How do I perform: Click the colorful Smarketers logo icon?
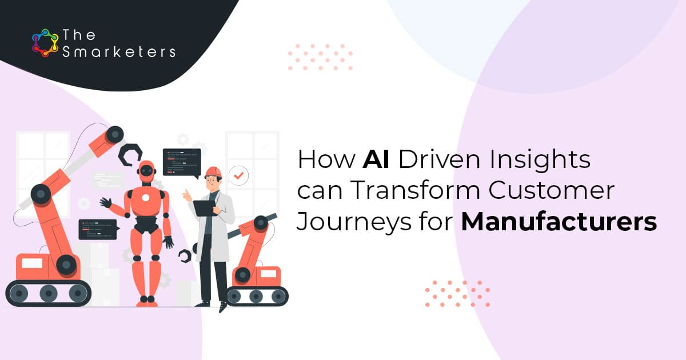click(x=45, y=43)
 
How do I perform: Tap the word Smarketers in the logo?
click(x=119, y=52)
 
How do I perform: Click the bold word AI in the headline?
click(x=376, y=159)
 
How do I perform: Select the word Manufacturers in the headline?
click(x=559, y=222)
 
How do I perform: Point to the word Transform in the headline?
click(x=415, y=190)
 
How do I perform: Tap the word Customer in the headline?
click(x=552, y=190)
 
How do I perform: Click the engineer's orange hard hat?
click(x=213, y=172)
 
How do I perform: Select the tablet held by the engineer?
click(x=204, y=208)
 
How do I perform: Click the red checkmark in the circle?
click(x=238, y=176)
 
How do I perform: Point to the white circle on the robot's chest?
click(x=146, y=198)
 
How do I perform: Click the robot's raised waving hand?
click(x=106, y=202)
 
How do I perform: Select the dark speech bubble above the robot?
click(x=182, y=163)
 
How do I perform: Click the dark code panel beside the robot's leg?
click(x=98, y=229)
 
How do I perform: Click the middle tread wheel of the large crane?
click(x=49, y=293)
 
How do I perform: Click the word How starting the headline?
click(x=326, y=159)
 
